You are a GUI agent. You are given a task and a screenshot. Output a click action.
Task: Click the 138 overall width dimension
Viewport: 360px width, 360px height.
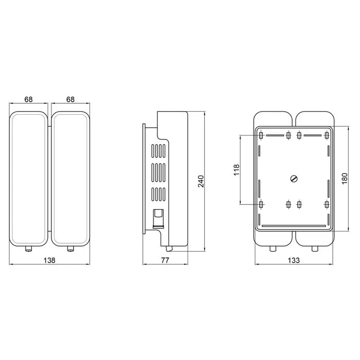[x=49, y=260]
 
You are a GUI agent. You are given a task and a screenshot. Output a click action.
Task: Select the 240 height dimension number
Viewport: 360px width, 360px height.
[x=201, y=181]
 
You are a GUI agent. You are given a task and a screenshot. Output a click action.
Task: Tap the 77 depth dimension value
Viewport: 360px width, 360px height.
[x=165, y=260]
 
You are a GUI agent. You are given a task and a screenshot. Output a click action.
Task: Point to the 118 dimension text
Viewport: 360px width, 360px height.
[x=236, y=170]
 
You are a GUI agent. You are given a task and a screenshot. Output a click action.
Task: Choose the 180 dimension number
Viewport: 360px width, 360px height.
[x=345, y=179]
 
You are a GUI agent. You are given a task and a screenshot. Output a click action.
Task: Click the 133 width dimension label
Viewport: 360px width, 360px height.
[x=294, y=260]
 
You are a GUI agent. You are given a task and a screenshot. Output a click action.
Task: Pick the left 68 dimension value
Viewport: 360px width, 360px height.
[x=28, y=99]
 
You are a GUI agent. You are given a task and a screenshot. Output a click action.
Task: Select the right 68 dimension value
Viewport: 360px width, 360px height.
[x=70, y=99]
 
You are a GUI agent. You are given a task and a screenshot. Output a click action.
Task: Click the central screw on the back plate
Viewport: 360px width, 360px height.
[x=294, y=179]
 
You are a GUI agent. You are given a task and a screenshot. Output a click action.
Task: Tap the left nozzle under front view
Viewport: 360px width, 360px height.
[x=28, y=249]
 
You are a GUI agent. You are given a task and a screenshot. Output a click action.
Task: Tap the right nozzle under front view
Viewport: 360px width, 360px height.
[x=70, y=249]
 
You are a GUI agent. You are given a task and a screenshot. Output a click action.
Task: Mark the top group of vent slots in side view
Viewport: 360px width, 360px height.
[x=158, y=151]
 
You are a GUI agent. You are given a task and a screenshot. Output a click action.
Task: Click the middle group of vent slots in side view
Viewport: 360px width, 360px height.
[x=158, y=172]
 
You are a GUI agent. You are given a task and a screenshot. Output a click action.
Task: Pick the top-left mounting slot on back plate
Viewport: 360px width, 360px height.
[x=261, y=136]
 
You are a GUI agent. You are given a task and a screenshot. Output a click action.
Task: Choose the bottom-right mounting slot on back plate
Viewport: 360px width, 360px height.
[x=327, y=204]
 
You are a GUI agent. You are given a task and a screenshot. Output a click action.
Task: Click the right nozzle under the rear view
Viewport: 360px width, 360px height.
[x=315, y=249]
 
